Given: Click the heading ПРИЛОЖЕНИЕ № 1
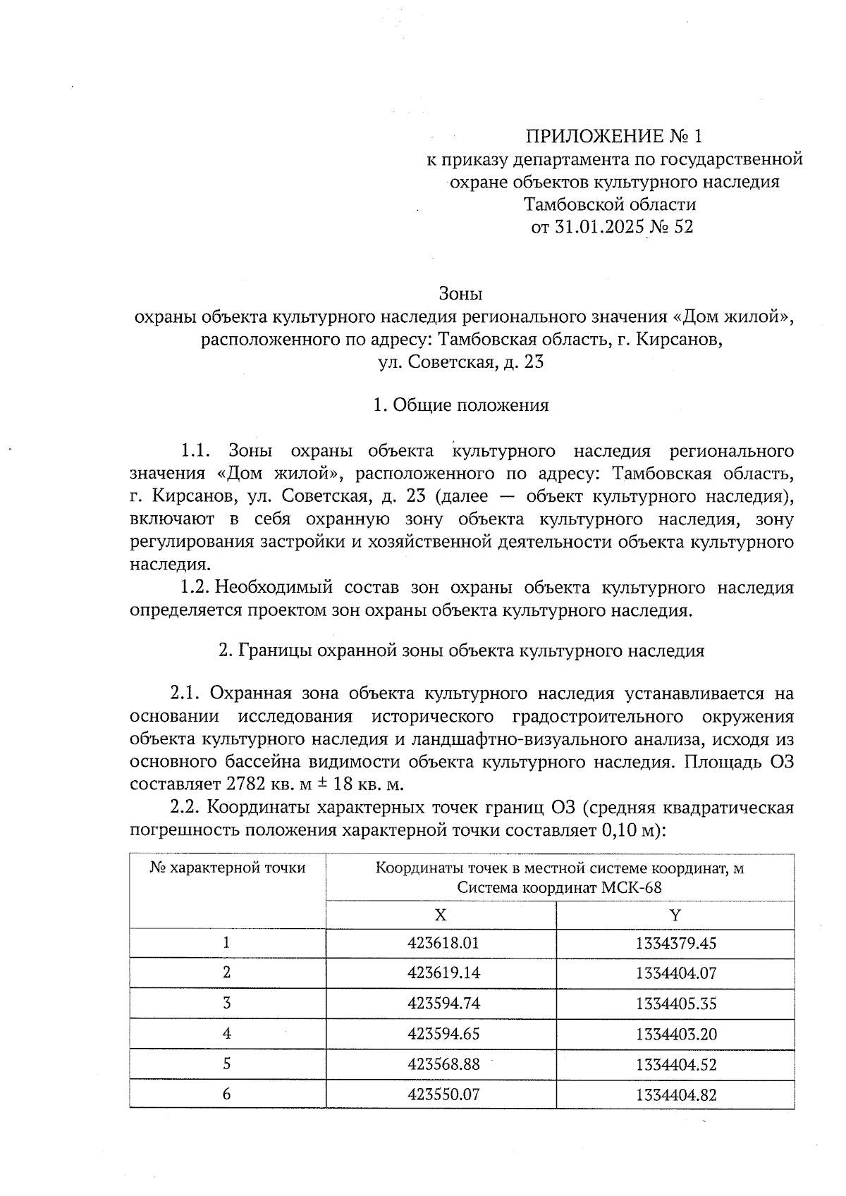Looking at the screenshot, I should point(614,136).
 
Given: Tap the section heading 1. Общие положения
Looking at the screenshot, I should point(460,405).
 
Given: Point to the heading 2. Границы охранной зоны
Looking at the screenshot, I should point(462,651).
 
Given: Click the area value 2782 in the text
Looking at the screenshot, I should point(247,784).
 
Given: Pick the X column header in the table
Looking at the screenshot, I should point(440,915).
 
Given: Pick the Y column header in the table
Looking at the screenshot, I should point(675,915).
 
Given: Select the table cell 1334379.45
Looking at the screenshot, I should point(675,943).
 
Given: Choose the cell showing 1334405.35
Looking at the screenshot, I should point(675,1004).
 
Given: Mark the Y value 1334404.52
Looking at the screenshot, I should point(675,1064).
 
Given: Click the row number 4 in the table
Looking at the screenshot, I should point(227,1034).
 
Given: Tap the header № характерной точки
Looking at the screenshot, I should point(228,868).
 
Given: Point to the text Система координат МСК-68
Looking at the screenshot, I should point(559,887).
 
